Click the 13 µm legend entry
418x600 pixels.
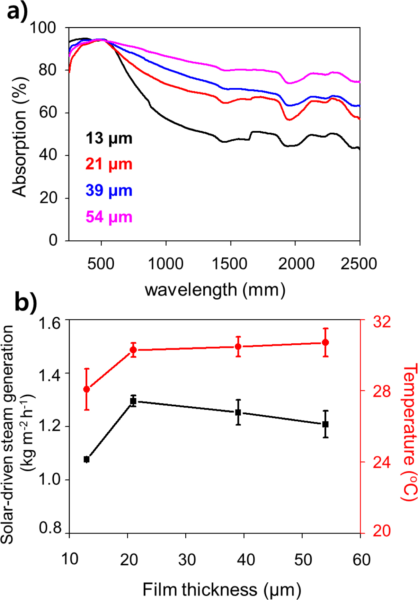tap(109, 138)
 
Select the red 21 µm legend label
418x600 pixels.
tap(109, 164)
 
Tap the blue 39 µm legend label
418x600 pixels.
tap(109, 191)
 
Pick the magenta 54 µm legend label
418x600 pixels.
tap(109, 217)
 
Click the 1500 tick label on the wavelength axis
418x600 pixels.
tap(230, 264)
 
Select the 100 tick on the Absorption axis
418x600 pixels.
tap(43, 28)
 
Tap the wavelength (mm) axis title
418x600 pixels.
tap(215, 290)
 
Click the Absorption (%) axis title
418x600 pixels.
tap(19, 137)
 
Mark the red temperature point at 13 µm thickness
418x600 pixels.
tap(87, 389)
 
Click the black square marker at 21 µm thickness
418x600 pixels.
tap(133, 401)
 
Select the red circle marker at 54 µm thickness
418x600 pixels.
tap(326, 343)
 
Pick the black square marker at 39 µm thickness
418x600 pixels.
tap(238, 412)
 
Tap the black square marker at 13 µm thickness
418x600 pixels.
tap(87, 459)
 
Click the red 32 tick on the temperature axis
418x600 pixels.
tap(382, 321)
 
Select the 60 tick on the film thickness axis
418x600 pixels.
tap(361, 560)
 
